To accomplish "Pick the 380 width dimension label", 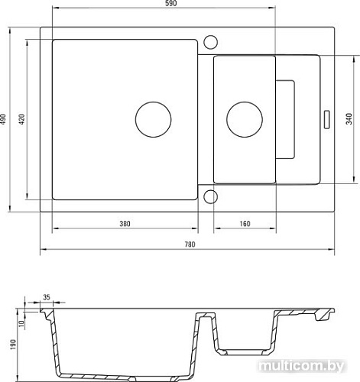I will click(x=125, y=224).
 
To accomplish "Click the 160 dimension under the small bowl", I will click(x=244, y=224).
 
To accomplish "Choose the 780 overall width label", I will click(x=190, y=244).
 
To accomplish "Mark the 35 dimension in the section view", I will click(x=46, y=298).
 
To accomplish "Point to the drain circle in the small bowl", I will click(x=243, y=118).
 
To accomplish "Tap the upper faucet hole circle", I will click(x=212, y=40).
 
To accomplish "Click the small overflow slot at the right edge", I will click(x=327, y=118).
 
